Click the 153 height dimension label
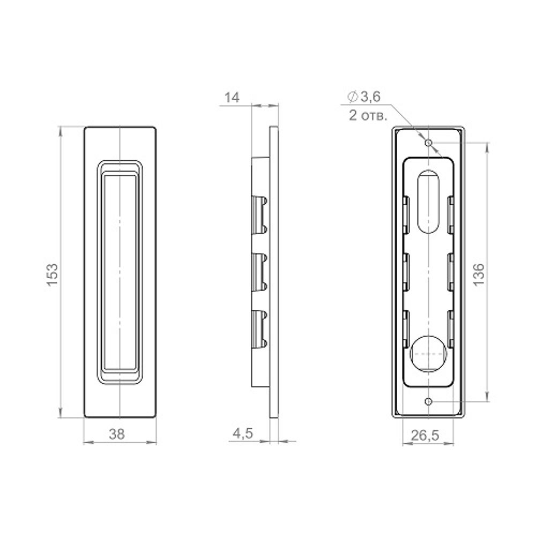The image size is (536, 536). click(x=52, y=274)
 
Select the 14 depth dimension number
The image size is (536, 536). click(x=232, y=97)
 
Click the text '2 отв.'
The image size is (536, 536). click(x=367, y=115)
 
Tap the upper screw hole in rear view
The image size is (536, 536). click(x=428, y=143)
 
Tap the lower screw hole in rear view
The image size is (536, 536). click(x=428, y=401)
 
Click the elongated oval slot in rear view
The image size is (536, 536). click(x=428, y=202)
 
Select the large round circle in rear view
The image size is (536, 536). click(x=428, y=354)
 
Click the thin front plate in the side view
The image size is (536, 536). click(x=273, y=272)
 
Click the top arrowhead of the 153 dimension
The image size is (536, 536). click(x=60, y=129)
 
